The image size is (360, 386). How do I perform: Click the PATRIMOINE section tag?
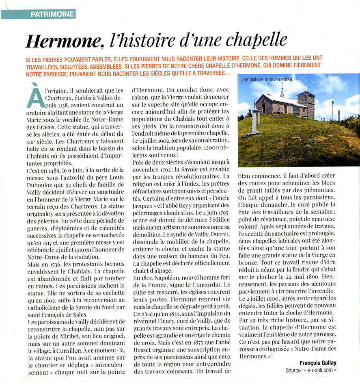click(52, 14)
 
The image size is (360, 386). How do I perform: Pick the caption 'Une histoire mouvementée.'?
click(267, 80)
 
